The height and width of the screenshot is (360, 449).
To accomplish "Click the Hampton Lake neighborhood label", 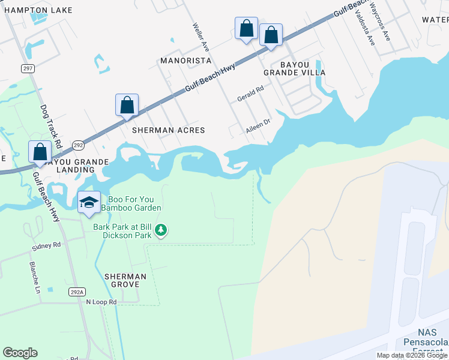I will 36,10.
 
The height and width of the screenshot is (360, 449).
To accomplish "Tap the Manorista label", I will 185,61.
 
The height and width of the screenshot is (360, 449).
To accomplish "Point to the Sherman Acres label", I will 169,130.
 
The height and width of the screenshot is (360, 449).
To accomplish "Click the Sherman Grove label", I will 125,280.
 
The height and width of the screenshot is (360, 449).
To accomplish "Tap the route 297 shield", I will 28,68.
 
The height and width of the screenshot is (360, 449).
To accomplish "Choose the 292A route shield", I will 76,292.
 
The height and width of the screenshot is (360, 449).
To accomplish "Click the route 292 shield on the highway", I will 78,145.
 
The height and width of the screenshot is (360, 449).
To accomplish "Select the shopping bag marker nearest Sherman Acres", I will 127,105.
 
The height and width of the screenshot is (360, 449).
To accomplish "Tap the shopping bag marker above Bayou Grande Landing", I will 40,151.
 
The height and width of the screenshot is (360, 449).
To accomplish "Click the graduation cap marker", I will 89,202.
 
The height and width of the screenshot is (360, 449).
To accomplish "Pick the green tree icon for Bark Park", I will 161,230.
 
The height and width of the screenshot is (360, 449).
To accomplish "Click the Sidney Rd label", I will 48,245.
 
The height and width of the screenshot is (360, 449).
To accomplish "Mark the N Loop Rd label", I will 101,302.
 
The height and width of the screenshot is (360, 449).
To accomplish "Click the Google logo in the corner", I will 20,353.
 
